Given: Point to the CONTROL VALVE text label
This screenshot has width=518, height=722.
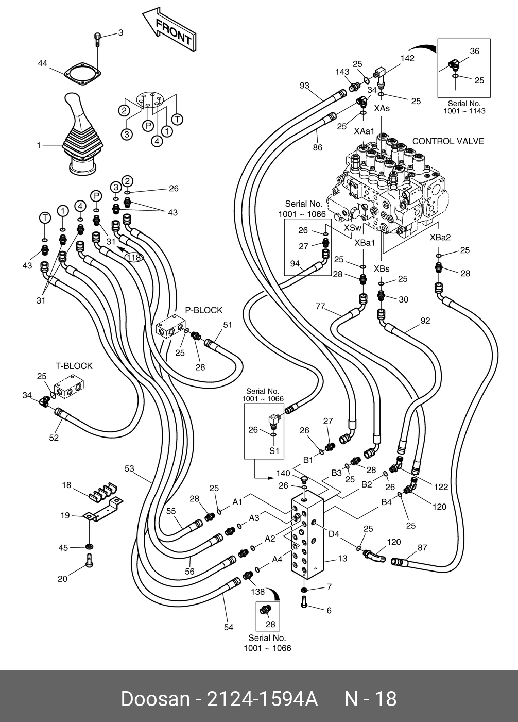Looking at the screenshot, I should pyautogui.click(x=448, y=141).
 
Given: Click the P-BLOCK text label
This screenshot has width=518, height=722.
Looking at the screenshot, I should pyautogui.click(x=204, y=310).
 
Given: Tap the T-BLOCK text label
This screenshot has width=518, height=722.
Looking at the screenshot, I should pyautogui.click(x=74, y=366).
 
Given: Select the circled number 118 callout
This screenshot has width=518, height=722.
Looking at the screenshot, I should pyautogui.click(x=134, y=257).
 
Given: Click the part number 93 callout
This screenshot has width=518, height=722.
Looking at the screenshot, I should pyautogui.click(x=304, y=85).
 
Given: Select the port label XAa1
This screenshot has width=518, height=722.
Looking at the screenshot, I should pyautogui.click(x=364, y=131).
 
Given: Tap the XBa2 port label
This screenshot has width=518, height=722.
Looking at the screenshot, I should pyautogui.click(x=440, y=238).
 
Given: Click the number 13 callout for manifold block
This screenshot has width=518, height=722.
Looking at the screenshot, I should pyautogui.click(x=342, y=558).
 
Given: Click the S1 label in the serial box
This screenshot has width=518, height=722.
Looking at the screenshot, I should pyautogui.click(x=274, y=450).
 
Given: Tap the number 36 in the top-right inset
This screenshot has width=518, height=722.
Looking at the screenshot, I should pyautogui.click(x=474, y=51).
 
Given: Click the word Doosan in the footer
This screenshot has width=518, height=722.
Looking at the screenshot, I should pyautogui.click(x=155, y=699).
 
